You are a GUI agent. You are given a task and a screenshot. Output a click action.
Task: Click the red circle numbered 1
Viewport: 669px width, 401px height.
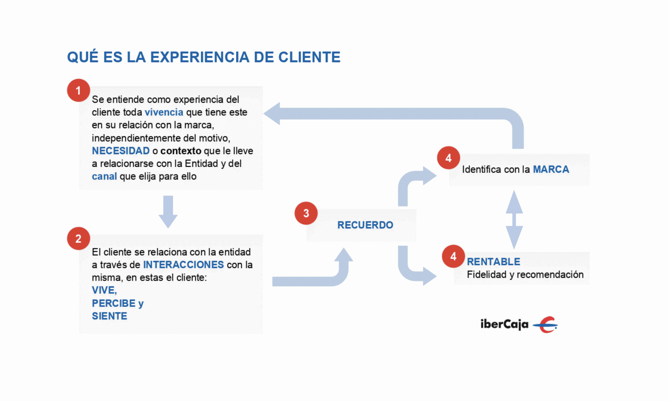tap(78, 91)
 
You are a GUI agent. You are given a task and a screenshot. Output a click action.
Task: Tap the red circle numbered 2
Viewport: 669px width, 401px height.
tap(78, 239)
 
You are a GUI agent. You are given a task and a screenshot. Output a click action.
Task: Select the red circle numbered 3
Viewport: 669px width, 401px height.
tap(306, 213)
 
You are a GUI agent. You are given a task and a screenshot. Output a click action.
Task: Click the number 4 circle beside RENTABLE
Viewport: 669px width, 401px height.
tap(453, 256)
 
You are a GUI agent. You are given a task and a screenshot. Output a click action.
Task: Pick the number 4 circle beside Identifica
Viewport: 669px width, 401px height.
tap(449, 158)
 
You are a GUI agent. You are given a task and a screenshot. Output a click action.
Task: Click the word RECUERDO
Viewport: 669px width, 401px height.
tap(365, 225)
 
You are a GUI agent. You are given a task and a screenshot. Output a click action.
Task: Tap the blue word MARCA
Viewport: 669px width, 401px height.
tap(551, 169)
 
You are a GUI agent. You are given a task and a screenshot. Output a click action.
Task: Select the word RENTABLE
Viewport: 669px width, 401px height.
tap(493, 262)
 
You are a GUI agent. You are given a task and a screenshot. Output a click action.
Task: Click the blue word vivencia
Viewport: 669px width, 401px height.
tap(164, 112)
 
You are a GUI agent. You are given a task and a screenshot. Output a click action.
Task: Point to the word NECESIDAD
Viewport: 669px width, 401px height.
tap(121, 151)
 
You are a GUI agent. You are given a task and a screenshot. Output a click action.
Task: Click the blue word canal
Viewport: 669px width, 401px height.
tap(104, 176)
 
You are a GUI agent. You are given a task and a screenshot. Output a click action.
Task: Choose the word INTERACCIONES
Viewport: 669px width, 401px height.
tap(184, 265)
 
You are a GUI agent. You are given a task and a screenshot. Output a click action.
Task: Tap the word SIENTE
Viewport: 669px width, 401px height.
tap(109, 316)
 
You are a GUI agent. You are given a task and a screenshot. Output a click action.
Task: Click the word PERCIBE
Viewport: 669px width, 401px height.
tap(114, 303)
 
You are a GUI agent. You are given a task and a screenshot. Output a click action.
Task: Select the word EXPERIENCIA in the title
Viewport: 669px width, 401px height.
tap(200, 57)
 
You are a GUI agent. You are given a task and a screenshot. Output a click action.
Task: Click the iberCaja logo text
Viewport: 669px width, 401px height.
tap(504, 324)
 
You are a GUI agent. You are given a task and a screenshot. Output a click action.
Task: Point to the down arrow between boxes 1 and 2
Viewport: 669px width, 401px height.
tap(168, 212)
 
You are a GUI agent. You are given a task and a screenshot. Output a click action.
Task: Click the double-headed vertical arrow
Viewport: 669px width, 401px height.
tap(514, 220)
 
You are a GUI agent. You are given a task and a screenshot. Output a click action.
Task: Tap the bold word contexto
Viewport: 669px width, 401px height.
tap(181, 151)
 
